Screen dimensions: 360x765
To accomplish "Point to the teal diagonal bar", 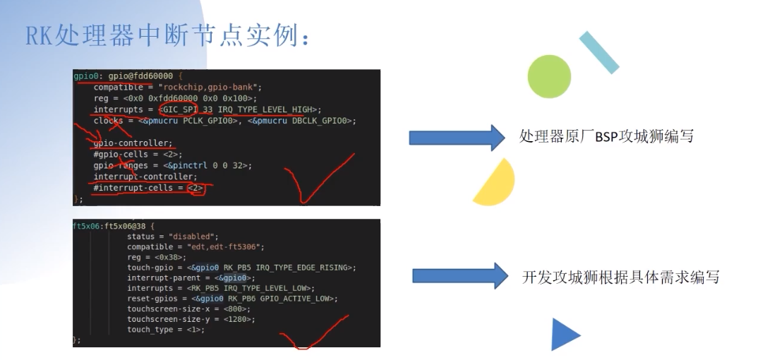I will click(x=598, y=52).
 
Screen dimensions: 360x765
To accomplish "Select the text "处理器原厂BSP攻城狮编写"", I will click(x=606, y=136).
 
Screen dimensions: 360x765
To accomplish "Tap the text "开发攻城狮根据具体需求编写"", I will click(x=620, y=277).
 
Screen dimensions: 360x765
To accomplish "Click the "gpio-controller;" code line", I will click(x=133, y=143).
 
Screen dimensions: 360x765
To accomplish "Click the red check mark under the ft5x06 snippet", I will click(x=311, y=333).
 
